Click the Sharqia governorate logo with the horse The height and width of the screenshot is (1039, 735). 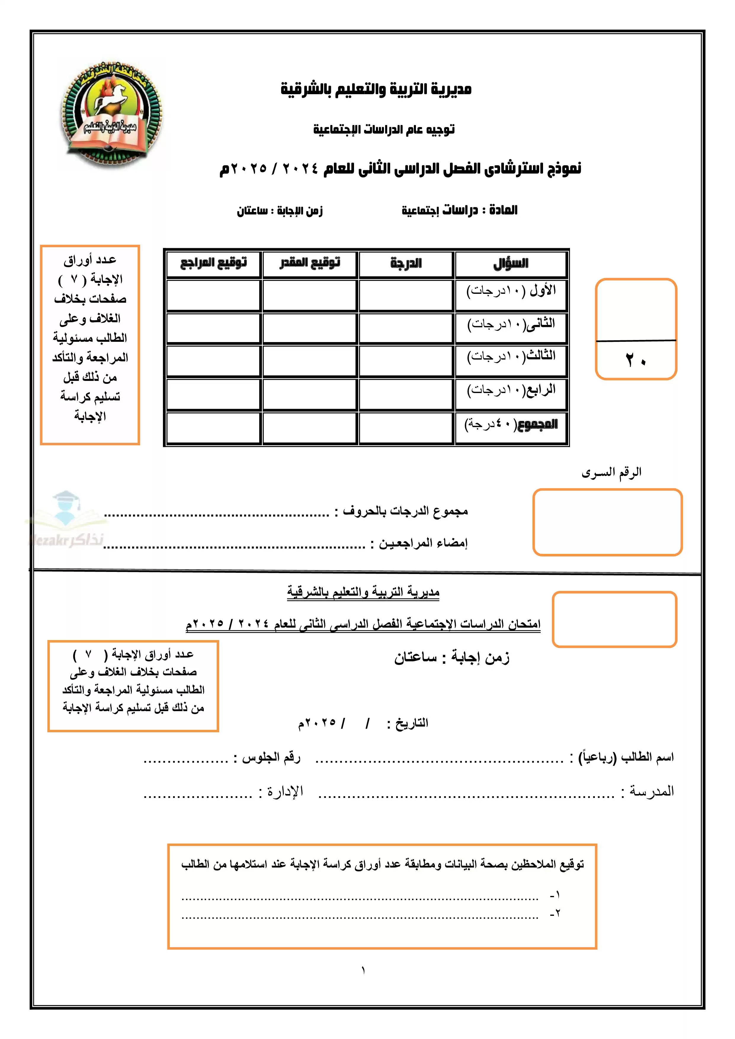click(x=111, y=113)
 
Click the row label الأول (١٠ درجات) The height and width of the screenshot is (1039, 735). click(x=511, y=291)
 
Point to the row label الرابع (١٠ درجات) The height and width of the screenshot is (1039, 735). click(x=511, y=390)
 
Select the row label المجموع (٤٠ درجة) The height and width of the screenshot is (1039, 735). click(x=511, y=424)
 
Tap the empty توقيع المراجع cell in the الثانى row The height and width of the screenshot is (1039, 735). click(x=214, y=328)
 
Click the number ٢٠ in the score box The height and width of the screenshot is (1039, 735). click(x=636, y=361)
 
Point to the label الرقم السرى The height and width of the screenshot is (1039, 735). click(x=611, y=472)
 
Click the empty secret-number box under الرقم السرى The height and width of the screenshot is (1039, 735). click(x=607, y=522)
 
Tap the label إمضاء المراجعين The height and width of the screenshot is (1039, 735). click(x=423, y=543)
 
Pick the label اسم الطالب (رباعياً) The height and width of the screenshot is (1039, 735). click(x=626, y=757)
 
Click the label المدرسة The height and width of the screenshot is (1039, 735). click(x=652, y=791)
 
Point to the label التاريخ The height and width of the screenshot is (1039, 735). click(x=412, y=723)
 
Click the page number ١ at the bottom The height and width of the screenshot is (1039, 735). click(x=364, y=970)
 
